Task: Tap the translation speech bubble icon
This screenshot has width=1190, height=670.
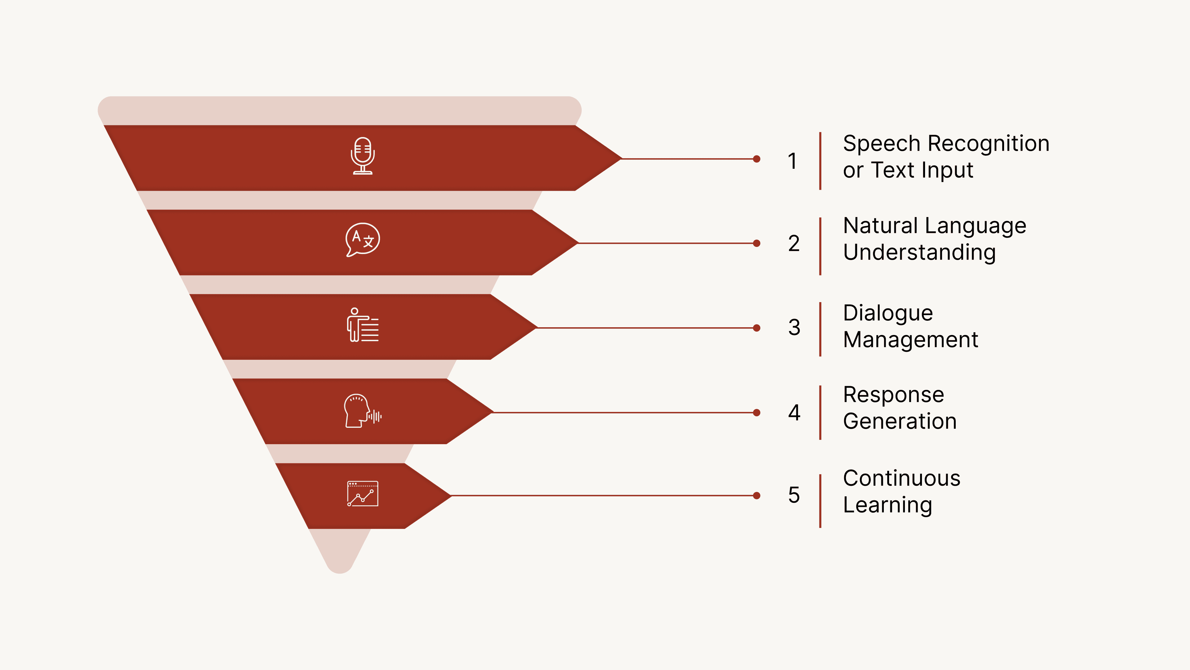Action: coord(363,239)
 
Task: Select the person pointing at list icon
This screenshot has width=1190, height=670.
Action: coord(363,325)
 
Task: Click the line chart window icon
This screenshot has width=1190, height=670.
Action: coord(363,494)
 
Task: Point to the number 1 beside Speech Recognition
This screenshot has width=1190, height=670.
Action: coord(793,161)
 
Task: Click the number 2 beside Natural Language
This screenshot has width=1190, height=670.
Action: coord(794,243)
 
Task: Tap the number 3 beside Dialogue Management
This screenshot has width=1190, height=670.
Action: coord(794,327)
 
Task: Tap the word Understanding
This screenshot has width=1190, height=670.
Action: coord(919,253)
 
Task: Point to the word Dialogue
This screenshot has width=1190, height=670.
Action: coord(888,313)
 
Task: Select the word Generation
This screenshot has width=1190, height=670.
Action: coord(899,421)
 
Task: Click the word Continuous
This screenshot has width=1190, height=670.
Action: coord(901,478)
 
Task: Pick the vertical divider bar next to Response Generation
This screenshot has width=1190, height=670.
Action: coord(820,413)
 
